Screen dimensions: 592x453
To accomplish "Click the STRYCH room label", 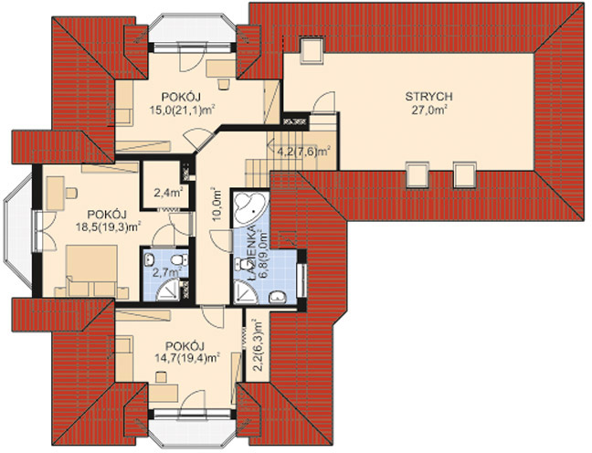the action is coord(428,96).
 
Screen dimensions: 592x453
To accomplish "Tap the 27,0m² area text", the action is coord(428,110).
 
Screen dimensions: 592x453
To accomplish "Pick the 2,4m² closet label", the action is coord(168,193).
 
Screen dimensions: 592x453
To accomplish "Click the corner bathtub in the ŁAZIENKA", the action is coord(250,208).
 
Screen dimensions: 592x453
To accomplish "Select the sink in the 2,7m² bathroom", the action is coord(150,259).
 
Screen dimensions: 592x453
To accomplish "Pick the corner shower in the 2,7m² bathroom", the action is coord(168,290).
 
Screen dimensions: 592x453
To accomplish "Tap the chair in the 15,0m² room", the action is coord(224,84).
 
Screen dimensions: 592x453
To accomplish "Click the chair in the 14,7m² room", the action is coord(161,377).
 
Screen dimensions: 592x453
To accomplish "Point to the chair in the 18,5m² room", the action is coord(71,193).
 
